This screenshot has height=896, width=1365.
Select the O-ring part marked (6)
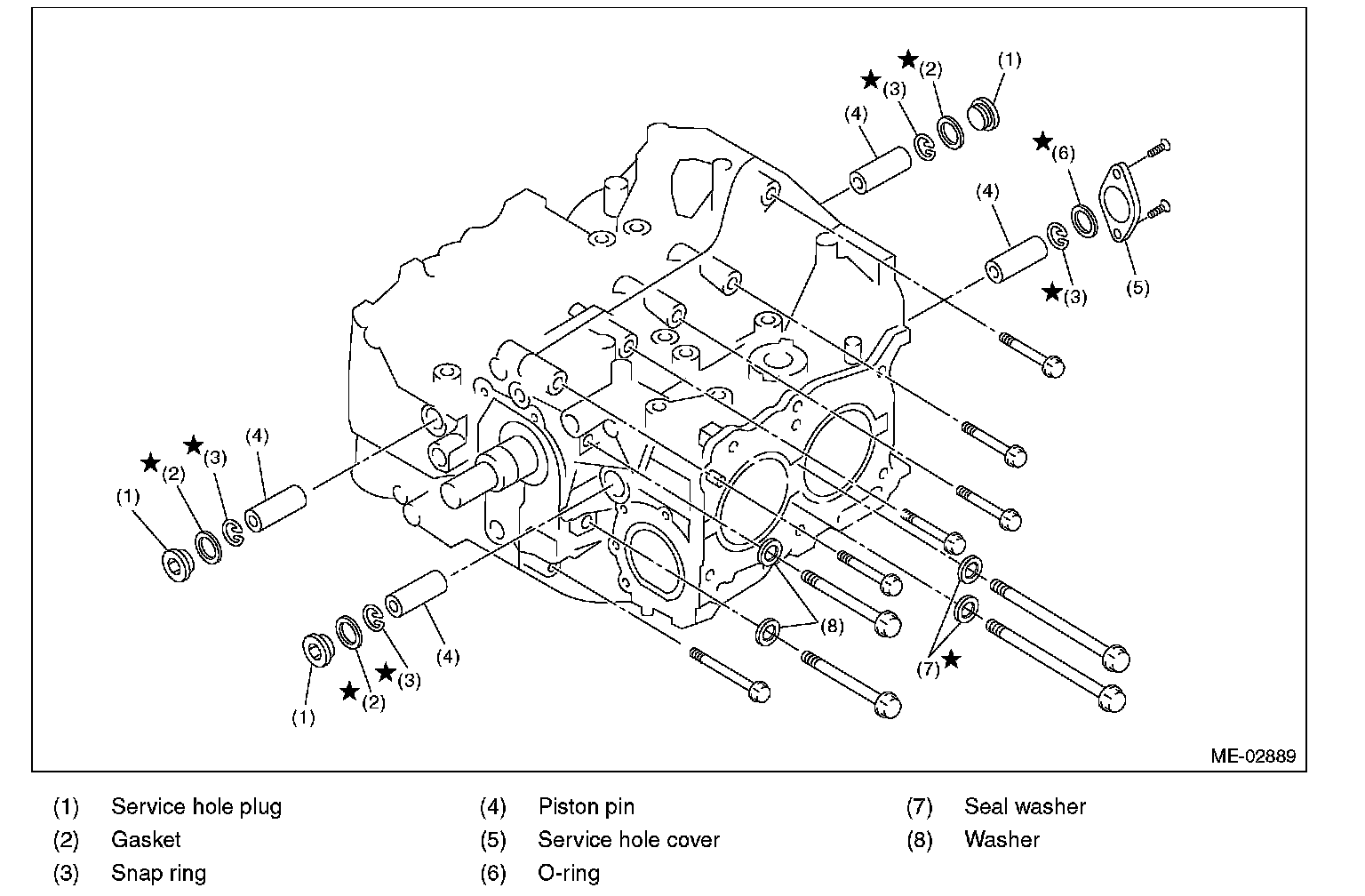(1084, 220)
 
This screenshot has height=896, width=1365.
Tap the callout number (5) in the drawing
(1137, 287)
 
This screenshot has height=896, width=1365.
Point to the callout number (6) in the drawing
(1063, 153)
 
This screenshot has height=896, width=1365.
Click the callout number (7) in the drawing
(928, 668)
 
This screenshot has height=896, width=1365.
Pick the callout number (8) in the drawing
(831, 626)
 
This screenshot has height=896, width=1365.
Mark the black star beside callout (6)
(1042, 141)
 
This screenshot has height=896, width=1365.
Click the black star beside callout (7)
(952, 659)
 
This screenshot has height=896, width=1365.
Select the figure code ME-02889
(1252, 756)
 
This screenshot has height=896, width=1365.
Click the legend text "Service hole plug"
(196, 807)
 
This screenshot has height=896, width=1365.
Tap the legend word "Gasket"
(146, 840)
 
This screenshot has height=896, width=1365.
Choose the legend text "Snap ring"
(158, 873)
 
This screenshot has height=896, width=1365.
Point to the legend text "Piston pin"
(587, 807)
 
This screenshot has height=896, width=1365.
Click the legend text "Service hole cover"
(628, 840)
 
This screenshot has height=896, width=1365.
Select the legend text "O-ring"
(569, 873)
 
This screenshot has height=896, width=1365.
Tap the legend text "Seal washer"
(1025, 807)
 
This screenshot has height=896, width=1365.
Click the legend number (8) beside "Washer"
(919, 840)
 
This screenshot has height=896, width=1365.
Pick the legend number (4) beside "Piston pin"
(493, 807)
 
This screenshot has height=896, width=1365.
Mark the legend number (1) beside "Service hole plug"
(66, 807)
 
